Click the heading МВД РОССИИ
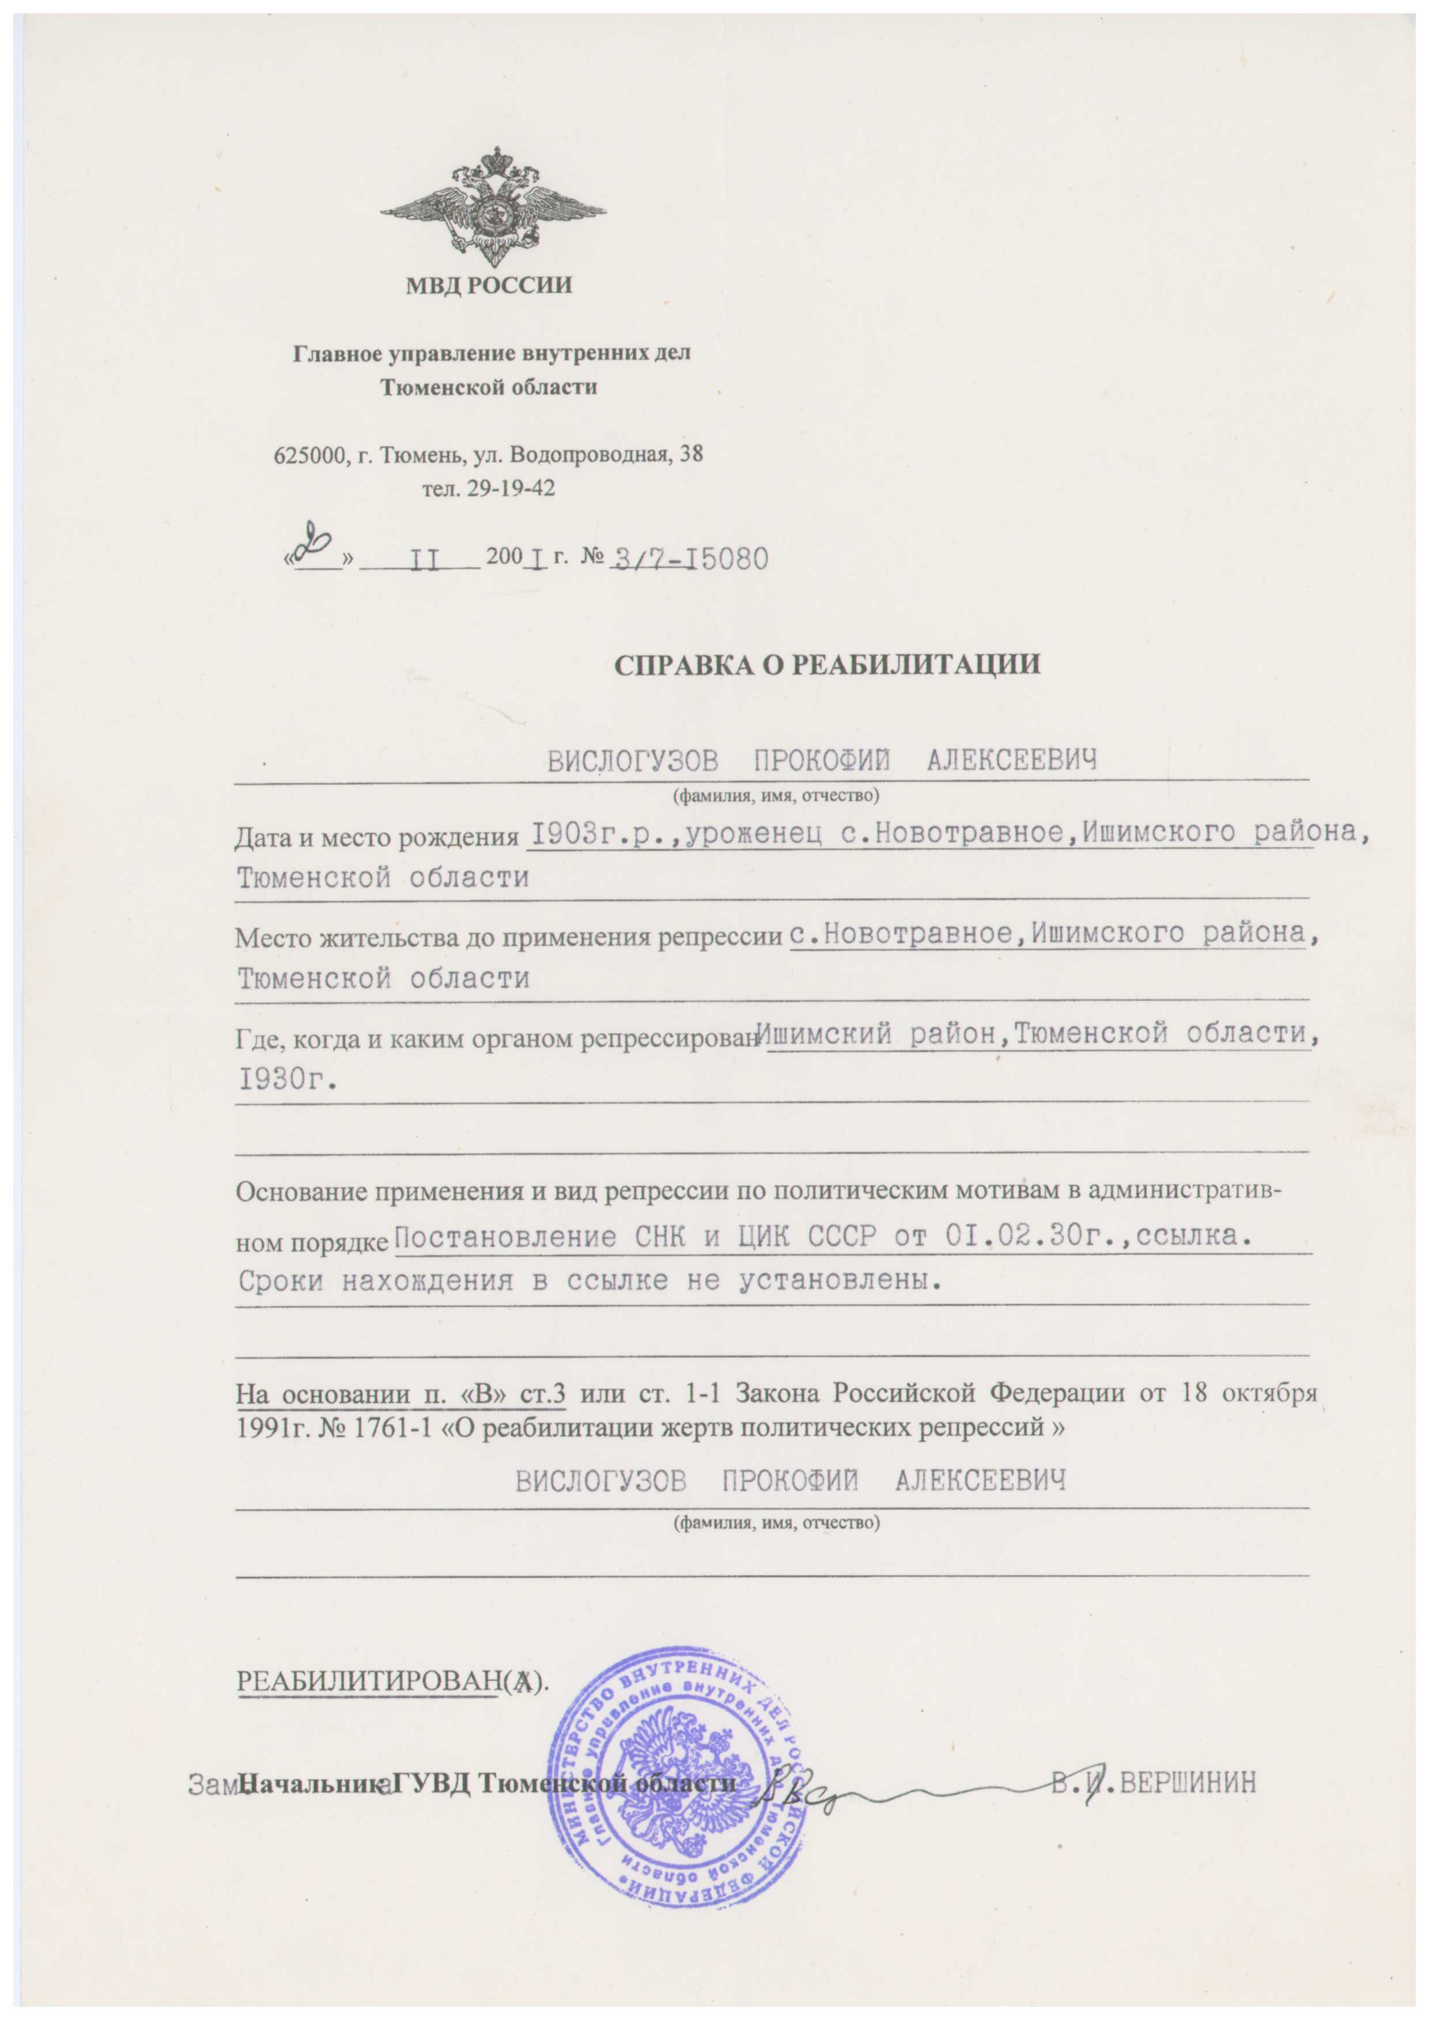(x=489, y=285)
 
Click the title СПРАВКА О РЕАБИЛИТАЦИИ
(x=826, y=664)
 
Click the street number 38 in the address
(x=691, y=455)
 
